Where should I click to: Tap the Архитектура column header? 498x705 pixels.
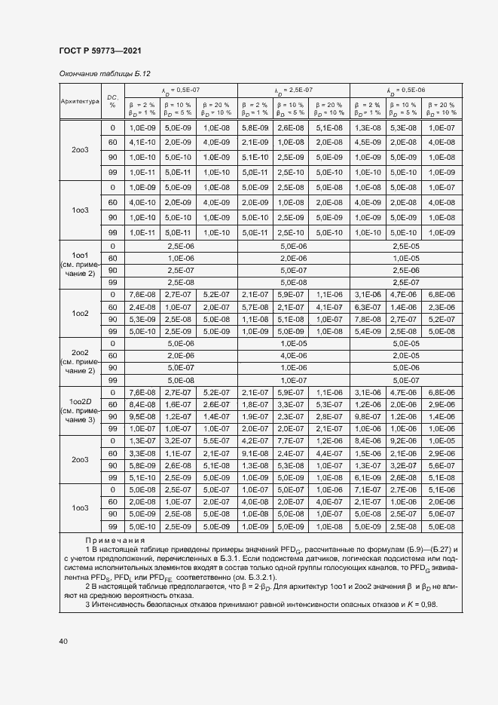point(79,100)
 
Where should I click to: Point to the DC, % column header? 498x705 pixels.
point(112,100)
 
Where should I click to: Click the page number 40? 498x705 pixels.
point(63,641)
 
